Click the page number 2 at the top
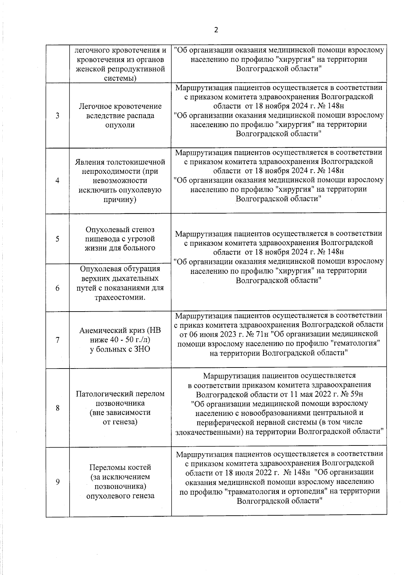216,30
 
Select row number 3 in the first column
57,116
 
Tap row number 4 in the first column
57,181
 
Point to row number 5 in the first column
57,239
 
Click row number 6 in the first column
57,288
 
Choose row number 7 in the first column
57,340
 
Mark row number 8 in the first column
57,408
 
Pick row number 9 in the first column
57,482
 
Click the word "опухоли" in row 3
120,125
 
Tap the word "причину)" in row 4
120,199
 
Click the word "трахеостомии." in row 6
120,298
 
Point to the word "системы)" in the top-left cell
120,78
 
